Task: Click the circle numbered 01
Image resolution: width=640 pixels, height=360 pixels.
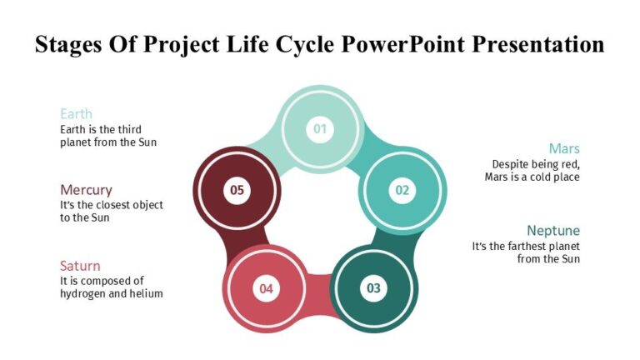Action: tap(319, 128)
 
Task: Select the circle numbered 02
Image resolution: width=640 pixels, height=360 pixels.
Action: tap(402, 190)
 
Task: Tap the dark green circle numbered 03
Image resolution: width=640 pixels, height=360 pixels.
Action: tap(372, 288)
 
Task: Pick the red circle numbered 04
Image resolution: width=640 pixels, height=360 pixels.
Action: tap(266, 289)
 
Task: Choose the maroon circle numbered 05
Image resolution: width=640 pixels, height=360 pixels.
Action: tap(237, 190)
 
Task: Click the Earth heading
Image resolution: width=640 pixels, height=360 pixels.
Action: tap(76, 114)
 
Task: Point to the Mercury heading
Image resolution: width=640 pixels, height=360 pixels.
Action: tap(86, 190)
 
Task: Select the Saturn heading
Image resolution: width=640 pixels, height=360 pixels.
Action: tap(80, 266)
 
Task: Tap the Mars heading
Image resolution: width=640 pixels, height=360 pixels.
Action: tap(563, 148)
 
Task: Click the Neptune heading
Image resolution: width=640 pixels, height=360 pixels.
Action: tap(553, 230)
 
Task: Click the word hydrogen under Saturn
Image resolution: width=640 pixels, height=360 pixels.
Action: tap(84, 294)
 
